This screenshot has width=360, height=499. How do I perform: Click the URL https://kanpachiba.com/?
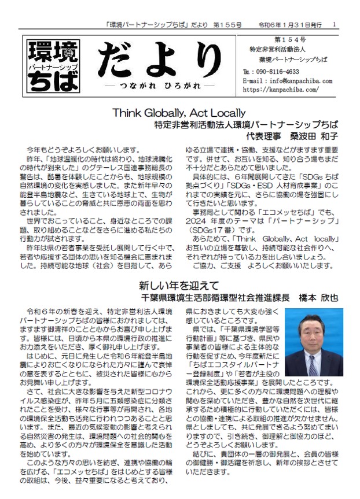click(279, 90)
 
